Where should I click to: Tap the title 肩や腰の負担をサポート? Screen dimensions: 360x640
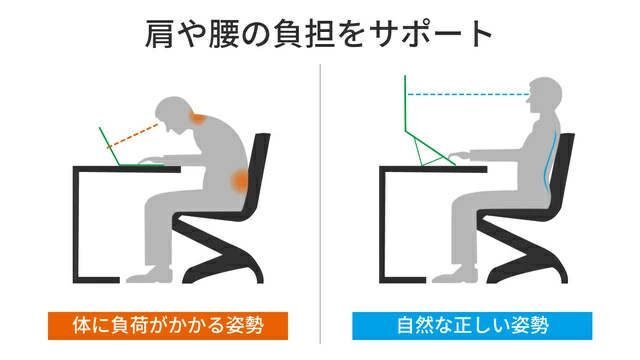(x=318, y=32)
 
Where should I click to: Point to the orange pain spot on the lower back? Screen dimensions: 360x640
(x=240, y=181)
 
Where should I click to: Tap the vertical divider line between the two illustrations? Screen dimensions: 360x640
(x=320, y=200)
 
